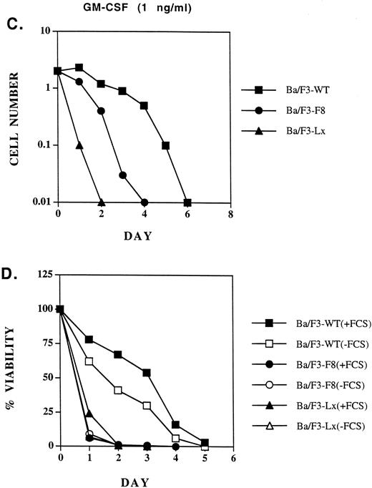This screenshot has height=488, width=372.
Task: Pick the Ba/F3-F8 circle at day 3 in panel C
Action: (122, 175)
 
